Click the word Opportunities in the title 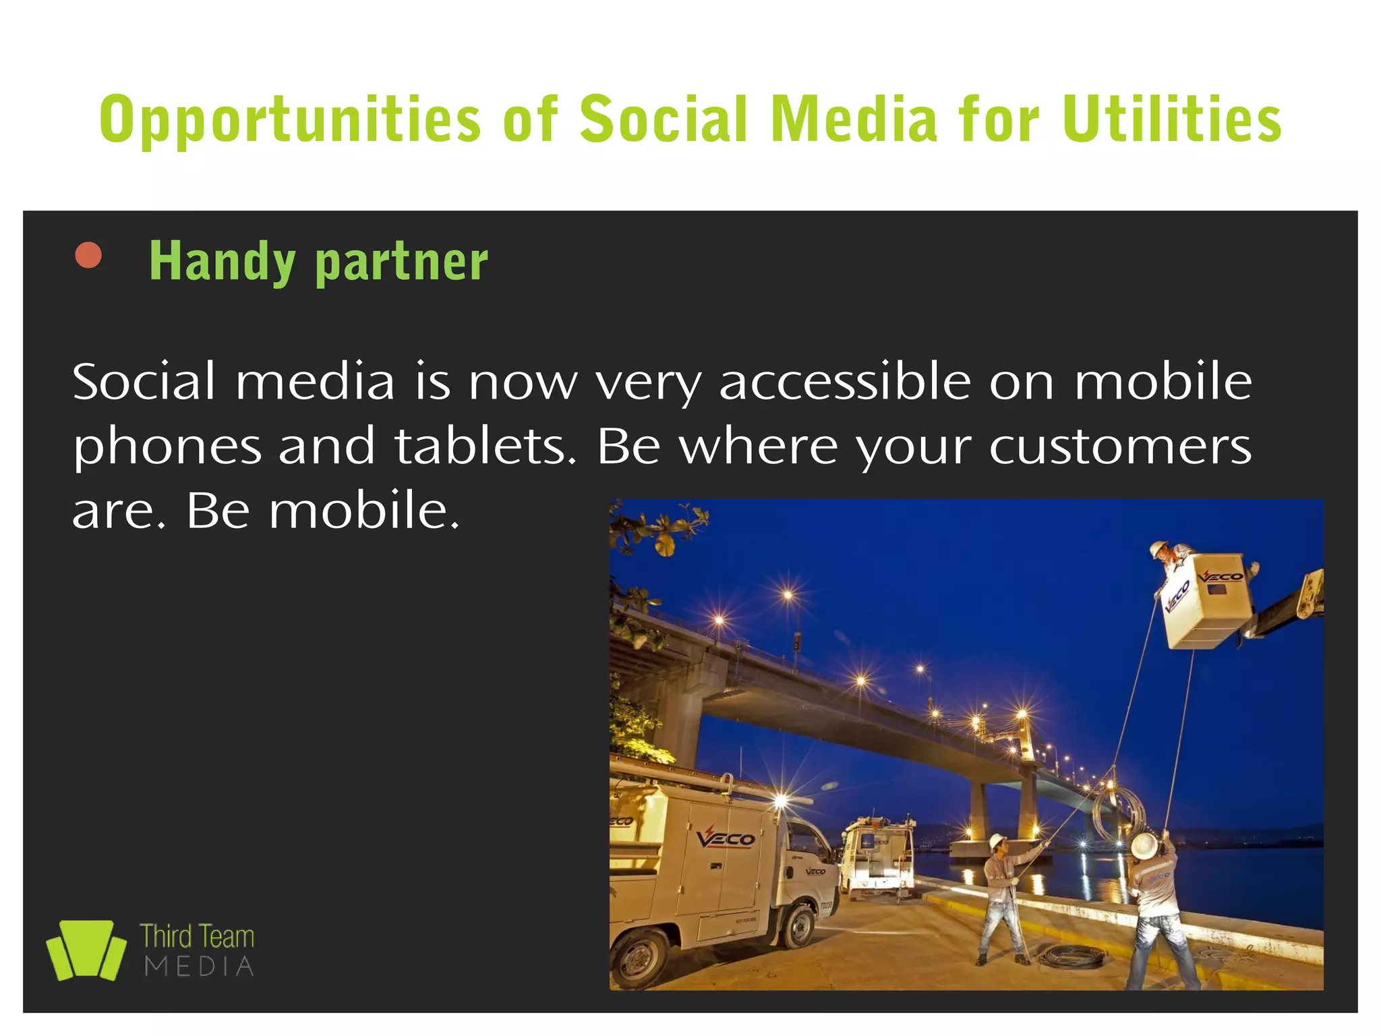(x=290, y=120)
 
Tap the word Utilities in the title (x=1172, y=120)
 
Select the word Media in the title (x=853, y=120)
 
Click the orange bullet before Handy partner (x=88, y=256)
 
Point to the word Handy (x=222, y=262)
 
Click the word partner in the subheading (x=401, y=262)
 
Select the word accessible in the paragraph (x=844, y=382)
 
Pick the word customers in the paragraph (x=1119, y=447)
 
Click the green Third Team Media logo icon (x=86, y=950)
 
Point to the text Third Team (x=197, y=937)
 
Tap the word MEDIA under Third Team (x=200, y=967)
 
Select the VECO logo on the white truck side (x=726, y=838)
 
